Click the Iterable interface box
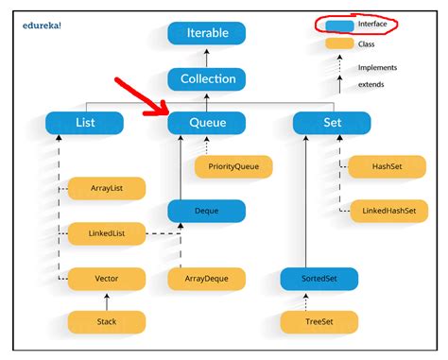tap(206, 34)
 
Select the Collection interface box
tap(206, 78)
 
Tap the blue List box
tap(84, 122)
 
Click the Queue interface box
tap(206, 122)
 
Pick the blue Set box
tap(332, 122)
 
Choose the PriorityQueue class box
tap(233, 167)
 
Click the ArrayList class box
tap(107, 189)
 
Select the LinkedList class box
tap(107, 232)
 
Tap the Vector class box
tap(107, 278)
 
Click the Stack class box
tap(107, 322)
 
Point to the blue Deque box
tap(206, 211)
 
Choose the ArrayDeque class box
tap(206, 278)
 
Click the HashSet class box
tap(387, 167)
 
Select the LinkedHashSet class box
tap(387, 211)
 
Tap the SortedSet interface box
tap(319, 278)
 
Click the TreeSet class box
tap(319, 322)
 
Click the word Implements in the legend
tap(377, 67)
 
